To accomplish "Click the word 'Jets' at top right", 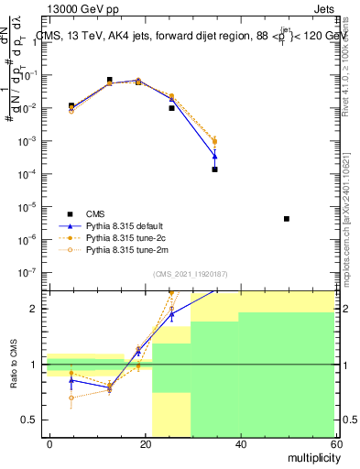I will (x=323, y=6).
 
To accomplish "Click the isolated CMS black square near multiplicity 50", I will (x=287, y=219).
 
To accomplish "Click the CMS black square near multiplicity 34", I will (x=214, y=169).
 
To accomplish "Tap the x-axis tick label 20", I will (x=145, y=443).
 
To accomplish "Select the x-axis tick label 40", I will (x=239, y=443).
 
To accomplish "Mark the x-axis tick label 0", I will (x=50, y=443).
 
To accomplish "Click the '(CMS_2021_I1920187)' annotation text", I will (x=190, y=273).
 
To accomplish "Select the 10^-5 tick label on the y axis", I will (x=29, y=207).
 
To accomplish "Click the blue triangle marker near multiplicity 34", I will (x=214, y=157).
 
